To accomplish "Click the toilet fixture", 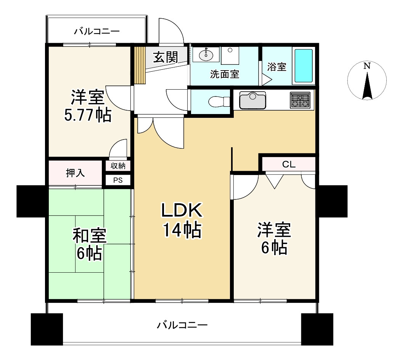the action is coord(219,101).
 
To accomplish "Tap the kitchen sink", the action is coord(252,100).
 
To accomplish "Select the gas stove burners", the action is coord(300,100).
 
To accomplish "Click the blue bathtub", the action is coord(304,66).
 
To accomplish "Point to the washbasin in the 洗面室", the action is coord(206,55).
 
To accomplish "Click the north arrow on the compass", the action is coord(367,86).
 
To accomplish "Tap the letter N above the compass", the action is coord(367,66).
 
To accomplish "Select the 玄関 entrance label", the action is coord(165,57).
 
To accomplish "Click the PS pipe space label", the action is coord(118,180).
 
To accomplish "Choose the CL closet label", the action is coord(289,164).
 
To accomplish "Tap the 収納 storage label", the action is coord(118,166).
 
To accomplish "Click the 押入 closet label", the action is coord(75,173).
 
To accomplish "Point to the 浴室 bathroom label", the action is coord(276,67).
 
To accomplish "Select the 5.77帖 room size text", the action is coord(88,115).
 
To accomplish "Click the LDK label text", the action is coord(181,210).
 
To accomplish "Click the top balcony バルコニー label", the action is coord(97,32).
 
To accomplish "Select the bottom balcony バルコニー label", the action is coord(182,325).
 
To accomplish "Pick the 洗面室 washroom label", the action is coord(225,74).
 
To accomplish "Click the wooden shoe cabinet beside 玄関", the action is coord(140,65).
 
